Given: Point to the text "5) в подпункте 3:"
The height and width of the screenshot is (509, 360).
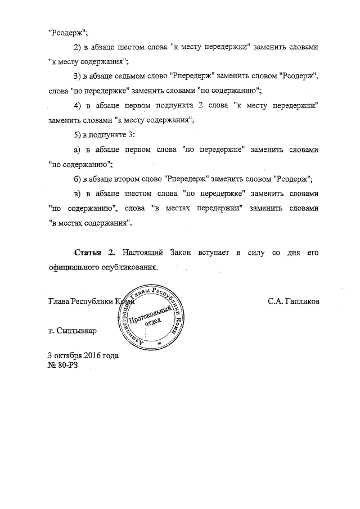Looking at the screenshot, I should tap(104, 135).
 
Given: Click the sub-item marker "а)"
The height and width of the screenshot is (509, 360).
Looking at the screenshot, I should tap(78, 150).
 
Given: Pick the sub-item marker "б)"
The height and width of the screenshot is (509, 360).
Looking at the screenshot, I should tap(78, 179).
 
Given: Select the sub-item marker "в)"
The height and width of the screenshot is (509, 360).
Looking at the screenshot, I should tap(78, 194).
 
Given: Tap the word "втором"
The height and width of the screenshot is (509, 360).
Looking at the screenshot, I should tap(146, 179).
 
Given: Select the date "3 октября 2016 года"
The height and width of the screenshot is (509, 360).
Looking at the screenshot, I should tap(83, 355).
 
